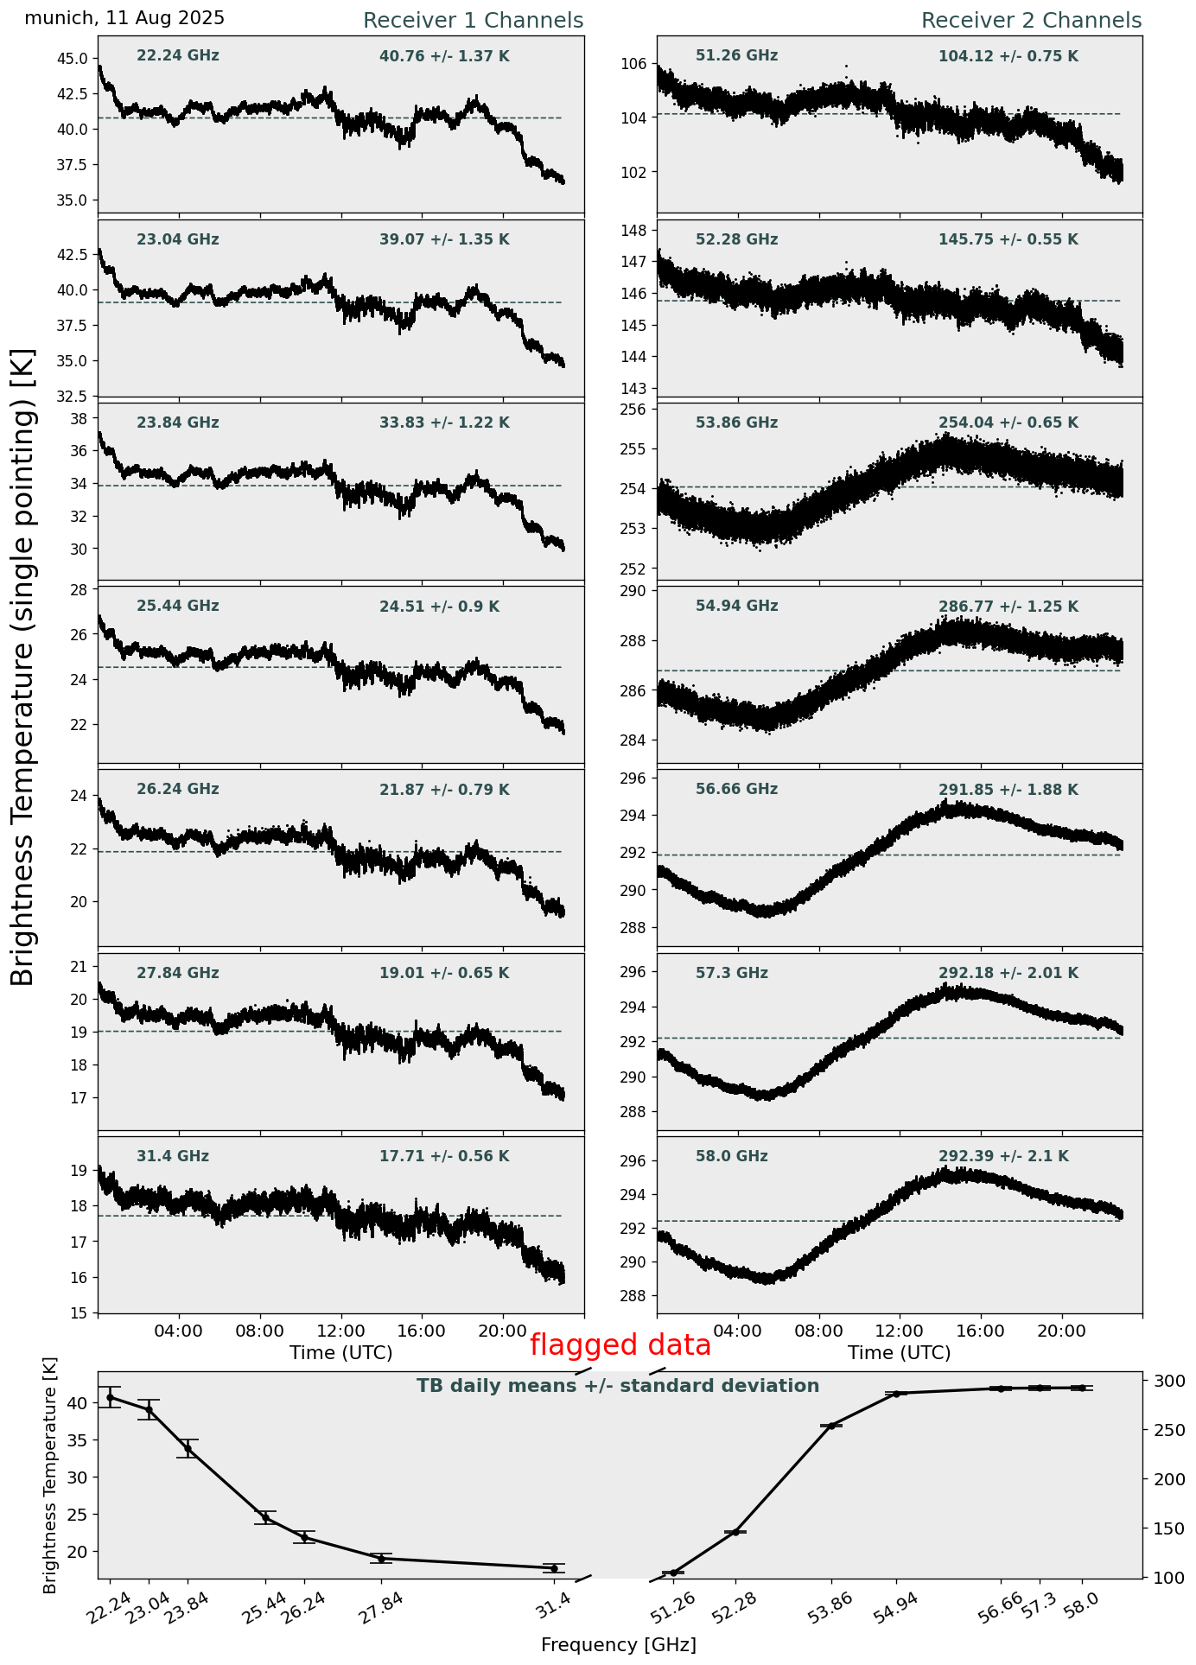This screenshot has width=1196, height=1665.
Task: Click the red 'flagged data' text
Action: coord(620,1345)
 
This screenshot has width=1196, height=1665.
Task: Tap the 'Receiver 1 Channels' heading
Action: coord(473,21)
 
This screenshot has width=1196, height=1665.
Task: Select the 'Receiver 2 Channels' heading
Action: coord(1031,21)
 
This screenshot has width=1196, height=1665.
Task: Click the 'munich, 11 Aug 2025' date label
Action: coord(124,18)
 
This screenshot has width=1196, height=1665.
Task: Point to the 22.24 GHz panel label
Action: coord(178,56)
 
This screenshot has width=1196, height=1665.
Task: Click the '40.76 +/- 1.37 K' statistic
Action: coord(444,57)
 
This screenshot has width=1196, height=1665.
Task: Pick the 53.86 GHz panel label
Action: coord(736,423)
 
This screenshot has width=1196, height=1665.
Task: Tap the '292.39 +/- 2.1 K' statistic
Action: coord(1003,1156)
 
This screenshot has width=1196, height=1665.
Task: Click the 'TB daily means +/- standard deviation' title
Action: coord(618,1387)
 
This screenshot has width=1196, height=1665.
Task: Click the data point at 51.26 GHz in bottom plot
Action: coord(673,1573)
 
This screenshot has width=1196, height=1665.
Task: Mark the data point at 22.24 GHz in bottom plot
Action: coord(110,1397)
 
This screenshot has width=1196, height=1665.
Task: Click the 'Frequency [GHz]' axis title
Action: coord(618,1645)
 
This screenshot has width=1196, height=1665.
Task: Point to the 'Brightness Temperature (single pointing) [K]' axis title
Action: coord(23,667)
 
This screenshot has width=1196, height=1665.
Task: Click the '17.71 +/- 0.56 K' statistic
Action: coord(444,1156)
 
